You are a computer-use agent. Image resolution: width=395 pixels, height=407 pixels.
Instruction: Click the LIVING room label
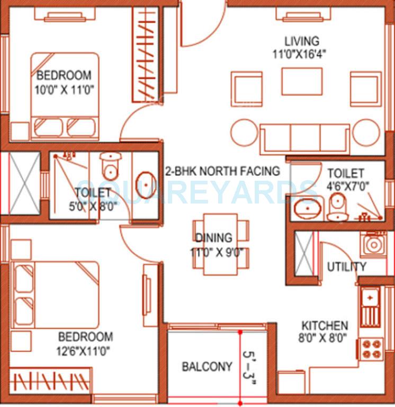click(302, 41)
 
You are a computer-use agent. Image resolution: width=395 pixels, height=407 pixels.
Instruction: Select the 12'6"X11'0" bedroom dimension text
click(85, 350)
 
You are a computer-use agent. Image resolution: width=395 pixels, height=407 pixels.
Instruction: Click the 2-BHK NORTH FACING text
click(222, 171)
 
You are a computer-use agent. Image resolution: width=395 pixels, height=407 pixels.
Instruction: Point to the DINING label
click(213, 238)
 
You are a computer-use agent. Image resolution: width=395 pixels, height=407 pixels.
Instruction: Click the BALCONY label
click(207, 366)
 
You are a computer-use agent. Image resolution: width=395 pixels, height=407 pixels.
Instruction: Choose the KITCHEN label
click(325, 325)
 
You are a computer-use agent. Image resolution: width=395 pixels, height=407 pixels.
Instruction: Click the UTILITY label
click(346, 267)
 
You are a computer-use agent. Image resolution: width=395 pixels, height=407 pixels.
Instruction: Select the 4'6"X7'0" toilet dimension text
click(348, 187)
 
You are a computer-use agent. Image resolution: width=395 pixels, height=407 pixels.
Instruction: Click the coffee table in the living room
click(301, 82)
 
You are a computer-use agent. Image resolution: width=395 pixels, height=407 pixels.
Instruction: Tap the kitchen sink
click(370, 306)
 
